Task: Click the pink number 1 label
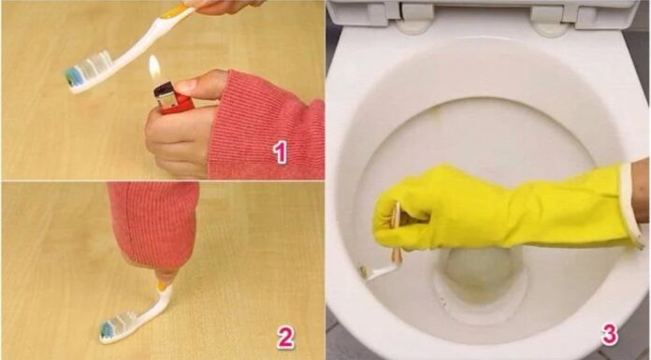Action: point(280,152)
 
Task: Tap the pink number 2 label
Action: point(285,337)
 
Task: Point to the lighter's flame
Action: point(154,67)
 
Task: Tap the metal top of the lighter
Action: point(162,87)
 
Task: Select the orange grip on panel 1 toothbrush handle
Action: point(176,12)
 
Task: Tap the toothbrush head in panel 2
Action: point(115,328)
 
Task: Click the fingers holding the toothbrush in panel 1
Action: point(220,6)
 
